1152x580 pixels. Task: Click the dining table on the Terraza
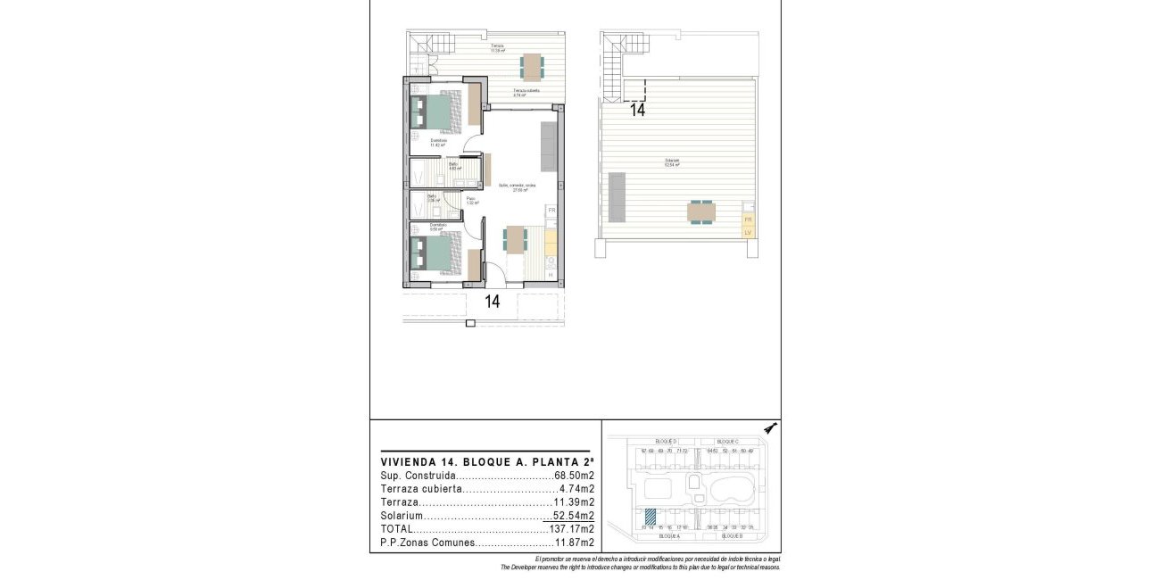[x=532, y=67]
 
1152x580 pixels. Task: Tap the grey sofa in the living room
[x=550, y=148]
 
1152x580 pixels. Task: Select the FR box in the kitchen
[x=551, y=211]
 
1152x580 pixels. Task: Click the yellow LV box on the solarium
[x=748, y=233]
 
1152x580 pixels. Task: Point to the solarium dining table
[x=701, y=212]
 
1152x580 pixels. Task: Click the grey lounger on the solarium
[x=617, y=197]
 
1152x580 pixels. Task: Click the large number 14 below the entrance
[x=492, y=302]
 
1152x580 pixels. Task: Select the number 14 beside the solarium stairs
[x=637, y=111]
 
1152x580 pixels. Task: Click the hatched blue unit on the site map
[x=651, y=516]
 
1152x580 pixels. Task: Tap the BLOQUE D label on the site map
[x=666, y=442]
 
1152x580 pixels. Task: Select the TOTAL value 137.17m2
[x=573, y=528]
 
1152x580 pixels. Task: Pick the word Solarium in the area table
[x=400, y=516]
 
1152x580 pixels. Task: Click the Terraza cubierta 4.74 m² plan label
[x=526, y=92]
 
